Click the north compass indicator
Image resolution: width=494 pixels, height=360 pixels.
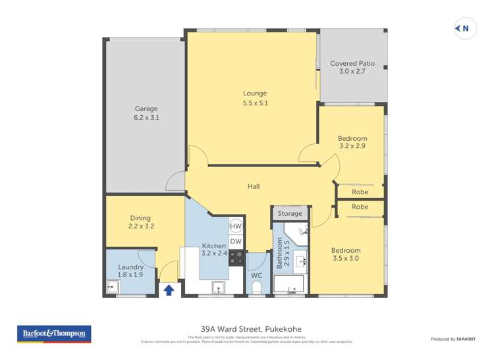(463, 28)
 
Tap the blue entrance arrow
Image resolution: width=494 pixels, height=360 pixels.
(169, 289)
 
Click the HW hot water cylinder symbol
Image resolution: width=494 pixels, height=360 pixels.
(236, 226)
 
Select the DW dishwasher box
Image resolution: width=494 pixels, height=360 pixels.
(236, 242)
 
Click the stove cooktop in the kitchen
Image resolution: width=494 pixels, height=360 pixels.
(236, 257)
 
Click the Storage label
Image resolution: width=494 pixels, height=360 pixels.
(290, 213)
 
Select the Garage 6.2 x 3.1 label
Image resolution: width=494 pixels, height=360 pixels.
(146, 113)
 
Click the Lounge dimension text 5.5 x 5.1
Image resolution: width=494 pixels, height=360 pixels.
(255, 103)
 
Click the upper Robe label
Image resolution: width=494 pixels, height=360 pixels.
(360, 192)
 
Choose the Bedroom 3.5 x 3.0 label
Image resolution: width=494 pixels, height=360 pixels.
(346, 254)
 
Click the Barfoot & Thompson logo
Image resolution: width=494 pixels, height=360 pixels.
(54, 334)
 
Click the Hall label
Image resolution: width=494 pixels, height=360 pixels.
(254, 186)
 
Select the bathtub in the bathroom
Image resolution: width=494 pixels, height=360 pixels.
(288, 285)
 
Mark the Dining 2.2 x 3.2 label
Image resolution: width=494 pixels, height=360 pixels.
(140, 222)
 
